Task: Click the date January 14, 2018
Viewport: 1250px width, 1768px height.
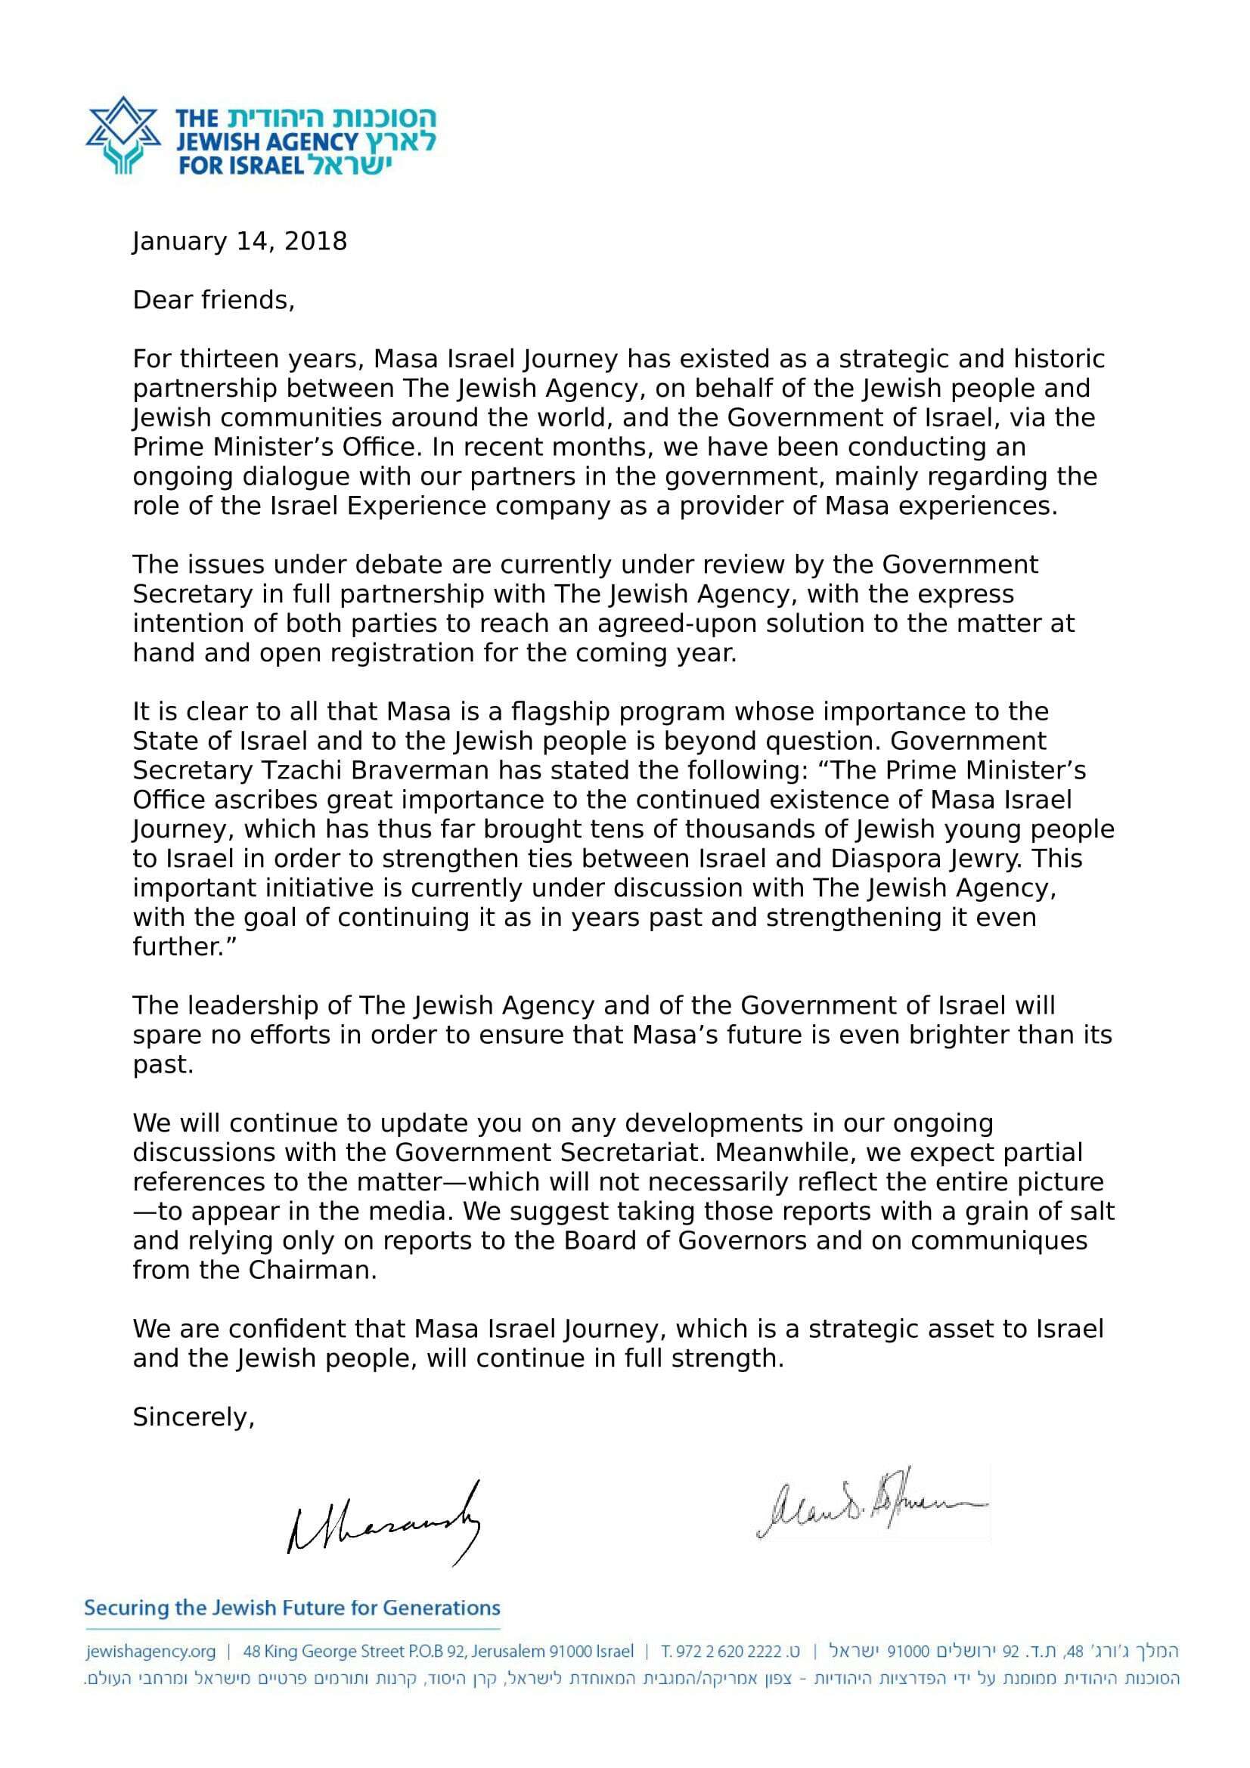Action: [240, 242]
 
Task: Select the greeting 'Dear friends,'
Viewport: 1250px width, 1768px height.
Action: [213, 299]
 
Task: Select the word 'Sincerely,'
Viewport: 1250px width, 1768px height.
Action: [194, 1417]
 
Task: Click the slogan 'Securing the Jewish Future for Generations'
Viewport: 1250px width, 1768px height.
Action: [292, 1609]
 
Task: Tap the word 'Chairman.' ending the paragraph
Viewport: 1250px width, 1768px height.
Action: [312, 1271]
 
